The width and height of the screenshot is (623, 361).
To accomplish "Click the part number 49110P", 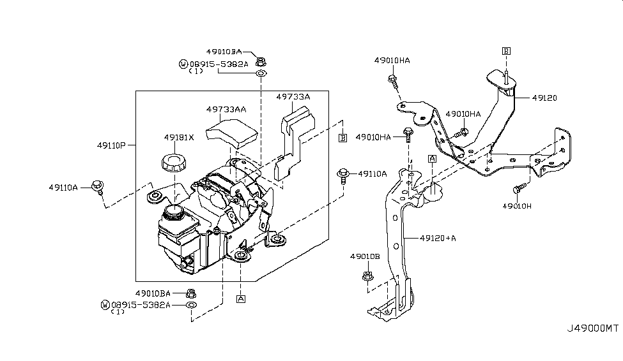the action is (x=111, y=145).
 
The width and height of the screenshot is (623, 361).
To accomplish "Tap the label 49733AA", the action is (x=226, y=109).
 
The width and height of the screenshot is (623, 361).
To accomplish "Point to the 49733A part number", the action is (x=293, y=97).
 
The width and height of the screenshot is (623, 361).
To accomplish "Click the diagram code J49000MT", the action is (x=592, y=328).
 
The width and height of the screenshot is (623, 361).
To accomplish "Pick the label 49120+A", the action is (x=438, y=239).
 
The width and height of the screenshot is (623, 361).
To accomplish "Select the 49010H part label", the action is (x=516, y=206).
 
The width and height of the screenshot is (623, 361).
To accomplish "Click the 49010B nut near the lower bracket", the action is (x=367, y=276).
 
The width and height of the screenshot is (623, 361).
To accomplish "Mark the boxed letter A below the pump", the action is (x=241, y=298).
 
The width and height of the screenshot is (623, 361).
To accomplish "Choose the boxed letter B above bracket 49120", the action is (x=506, y=51).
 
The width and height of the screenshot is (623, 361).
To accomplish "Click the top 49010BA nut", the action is (x=261, y=62).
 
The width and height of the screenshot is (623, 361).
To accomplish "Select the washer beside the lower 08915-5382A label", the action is (x=192, y=305).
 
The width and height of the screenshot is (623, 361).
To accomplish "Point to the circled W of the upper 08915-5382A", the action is (x=183, y=64).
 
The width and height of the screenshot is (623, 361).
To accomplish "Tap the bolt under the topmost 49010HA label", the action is (x=393, y=81).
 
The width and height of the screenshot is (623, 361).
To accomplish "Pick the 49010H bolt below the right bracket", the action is (x=519, y=188).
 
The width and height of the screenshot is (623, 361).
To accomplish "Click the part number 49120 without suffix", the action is (x=544, y=98).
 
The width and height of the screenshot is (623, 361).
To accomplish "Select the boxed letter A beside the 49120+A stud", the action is (x=433, y=159).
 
